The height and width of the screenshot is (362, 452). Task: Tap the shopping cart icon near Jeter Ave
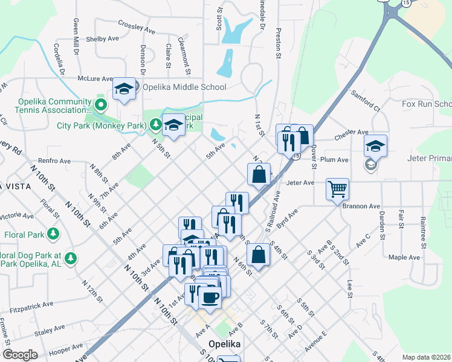[337, 188]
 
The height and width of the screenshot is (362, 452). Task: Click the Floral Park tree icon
[54, 233]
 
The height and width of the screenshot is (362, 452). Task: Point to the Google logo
[19, 355]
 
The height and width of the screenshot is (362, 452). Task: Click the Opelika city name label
[225, 344]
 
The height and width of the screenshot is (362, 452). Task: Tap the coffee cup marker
[210, 297]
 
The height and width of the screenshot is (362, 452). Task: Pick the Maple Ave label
[404, 257]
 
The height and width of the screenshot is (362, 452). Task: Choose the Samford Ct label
[366, 101]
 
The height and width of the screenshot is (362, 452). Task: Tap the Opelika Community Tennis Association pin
[101, 106]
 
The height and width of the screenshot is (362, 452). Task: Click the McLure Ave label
[95, 78]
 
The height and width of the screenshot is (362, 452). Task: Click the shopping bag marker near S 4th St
[258, 255]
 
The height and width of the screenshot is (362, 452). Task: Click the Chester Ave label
[351, 132]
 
